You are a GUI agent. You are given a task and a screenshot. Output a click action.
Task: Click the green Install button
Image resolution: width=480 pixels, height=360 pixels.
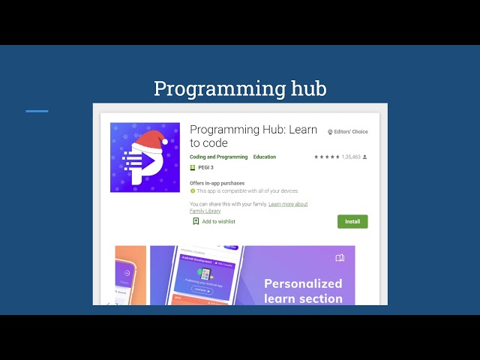pyautogui.click(x=352, y=221)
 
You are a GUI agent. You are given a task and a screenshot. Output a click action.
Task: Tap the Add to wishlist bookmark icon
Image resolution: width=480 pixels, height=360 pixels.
pyautogui.click(x=196, y=221)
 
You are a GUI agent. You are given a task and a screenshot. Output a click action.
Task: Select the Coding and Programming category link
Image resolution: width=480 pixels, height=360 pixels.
pyautogui.click(x=218, y=157)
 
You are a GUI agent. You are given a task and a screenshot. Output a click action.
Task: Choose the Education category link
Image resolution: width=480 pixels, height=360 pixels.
pyautogui.click(x=265, y=157)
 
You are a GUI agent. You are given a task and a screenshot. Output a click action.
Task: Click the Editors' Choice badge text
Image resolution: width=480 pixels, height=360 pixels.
pyautogui.click(x=350, y=132)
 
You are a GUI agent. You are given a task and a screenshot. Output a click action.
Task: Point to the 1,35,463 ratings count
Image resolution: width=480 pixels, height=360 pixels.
pyautogui.click(x=351, y=157)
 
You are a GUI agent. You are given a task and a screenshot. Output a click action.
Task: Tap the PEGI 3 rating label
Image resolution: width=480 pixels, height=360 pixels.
pyautogui.click(x=205, y=167)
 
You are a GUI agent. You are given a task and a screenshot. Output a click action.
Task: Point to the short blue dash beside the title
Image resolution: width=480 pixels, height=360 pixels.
pyautogui.click(x=37, y=111)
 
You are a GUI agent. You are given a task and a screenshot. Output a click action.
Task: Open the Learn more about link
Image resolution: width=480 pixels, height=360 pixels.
pyautogui.click(x=288, y=204)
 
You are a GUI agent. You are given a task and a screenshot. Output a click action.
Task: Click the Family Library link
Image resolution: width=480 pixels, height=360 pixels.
pyautogui.click(x=205, y=211)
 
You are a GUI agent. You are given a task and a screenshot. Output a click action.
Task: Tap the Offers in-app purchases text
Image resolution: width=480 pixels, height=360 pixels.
pyautogui.click(x=217, y=183)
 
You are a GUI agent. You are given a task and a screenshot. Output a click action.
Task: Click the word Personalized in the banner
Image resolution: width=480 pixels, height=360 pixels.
pyautogui.click(x=303, y=283)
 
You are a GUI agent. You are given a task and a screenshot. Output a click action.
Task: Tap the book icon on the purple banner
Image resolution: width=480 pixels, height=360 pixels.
pyautogui.click(x=340, y=258)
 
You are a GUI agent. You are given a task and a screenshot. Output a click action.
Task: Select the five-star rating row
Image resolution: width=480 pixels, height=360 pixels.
pyautogui.click(x=326, y=157)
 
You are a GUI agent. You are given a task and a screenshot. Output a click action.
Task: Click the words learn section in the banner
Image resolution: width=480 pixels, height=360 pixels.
pyautogui.click(x=303, y=298)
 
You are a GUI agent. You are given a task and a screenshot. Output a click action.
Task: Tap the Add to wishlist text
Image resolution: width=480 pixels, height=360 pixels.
pyautogui.click(x=218, y=221)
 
